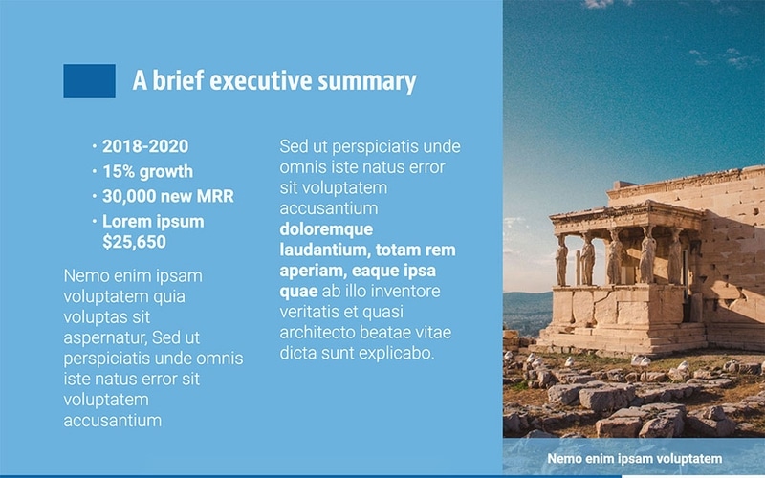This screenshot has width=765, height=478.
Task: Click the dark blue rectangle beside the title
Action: pos(89,80)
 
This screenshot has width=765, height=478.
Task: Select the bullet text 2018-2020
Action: pos(145,147)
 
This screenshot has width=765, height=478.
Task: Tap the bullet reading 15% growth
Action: pos(147,172)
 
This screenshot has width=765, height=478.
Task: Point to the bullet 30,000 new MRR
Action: pos(167,197)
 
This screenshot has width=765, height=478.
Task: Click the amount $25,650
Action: pos(134,243)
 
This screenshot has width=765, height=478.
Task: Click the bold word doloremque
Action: pos(326,229)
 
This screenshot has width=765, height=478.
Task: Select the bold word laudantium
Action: pos(321,250)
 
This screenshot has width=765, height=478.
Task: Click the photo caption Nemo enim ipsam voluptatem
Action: pos(633,459)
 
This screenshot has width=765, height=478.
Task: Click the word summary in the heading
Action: pos(370,81)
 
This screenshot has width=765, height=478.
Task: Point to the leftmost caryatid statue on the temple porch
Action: pos(561,260)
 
